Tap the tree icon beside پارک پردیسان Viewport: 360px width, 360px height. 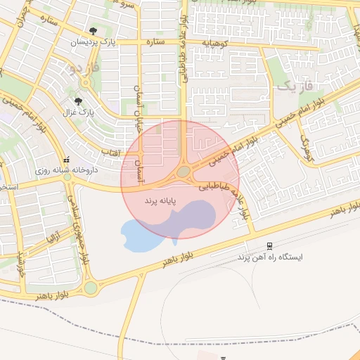coord(93,31)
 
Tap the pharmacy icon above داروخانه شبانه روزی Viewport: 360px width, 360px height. coord(67,160)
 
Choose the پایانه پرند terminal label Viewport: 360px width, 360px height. coord(159,201)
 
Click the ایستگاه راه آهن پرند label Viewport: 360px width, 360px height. coord(269,257)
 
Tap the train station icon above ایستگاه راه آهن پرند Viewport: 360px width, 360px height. coord(269,245)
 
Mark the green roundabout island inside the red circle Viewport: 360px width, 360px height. coord(184,172)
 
